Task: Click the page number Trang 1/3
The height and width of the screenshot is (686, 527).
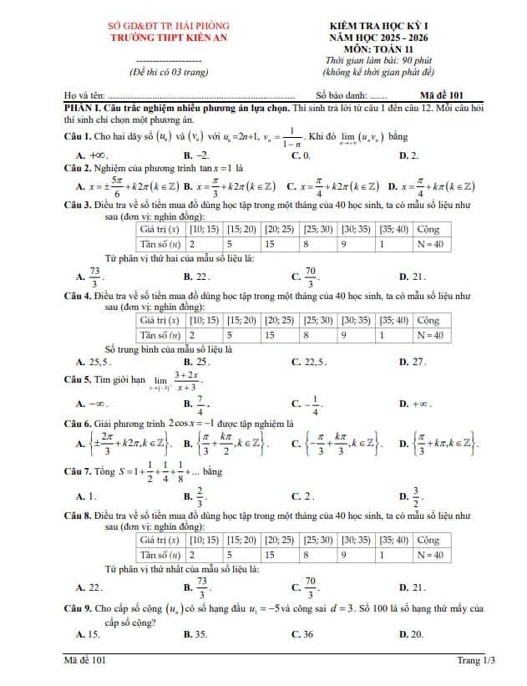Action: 476,660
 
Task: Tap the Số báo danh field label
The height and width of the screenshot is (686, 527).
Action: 341,95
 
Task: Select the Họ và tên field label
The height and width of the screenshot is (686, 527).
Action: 87,95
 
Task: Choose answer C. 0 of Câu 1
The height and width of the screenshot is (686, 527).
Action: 302,155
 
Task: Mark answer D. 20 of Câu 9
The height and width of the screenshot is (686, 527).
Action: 412,634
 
